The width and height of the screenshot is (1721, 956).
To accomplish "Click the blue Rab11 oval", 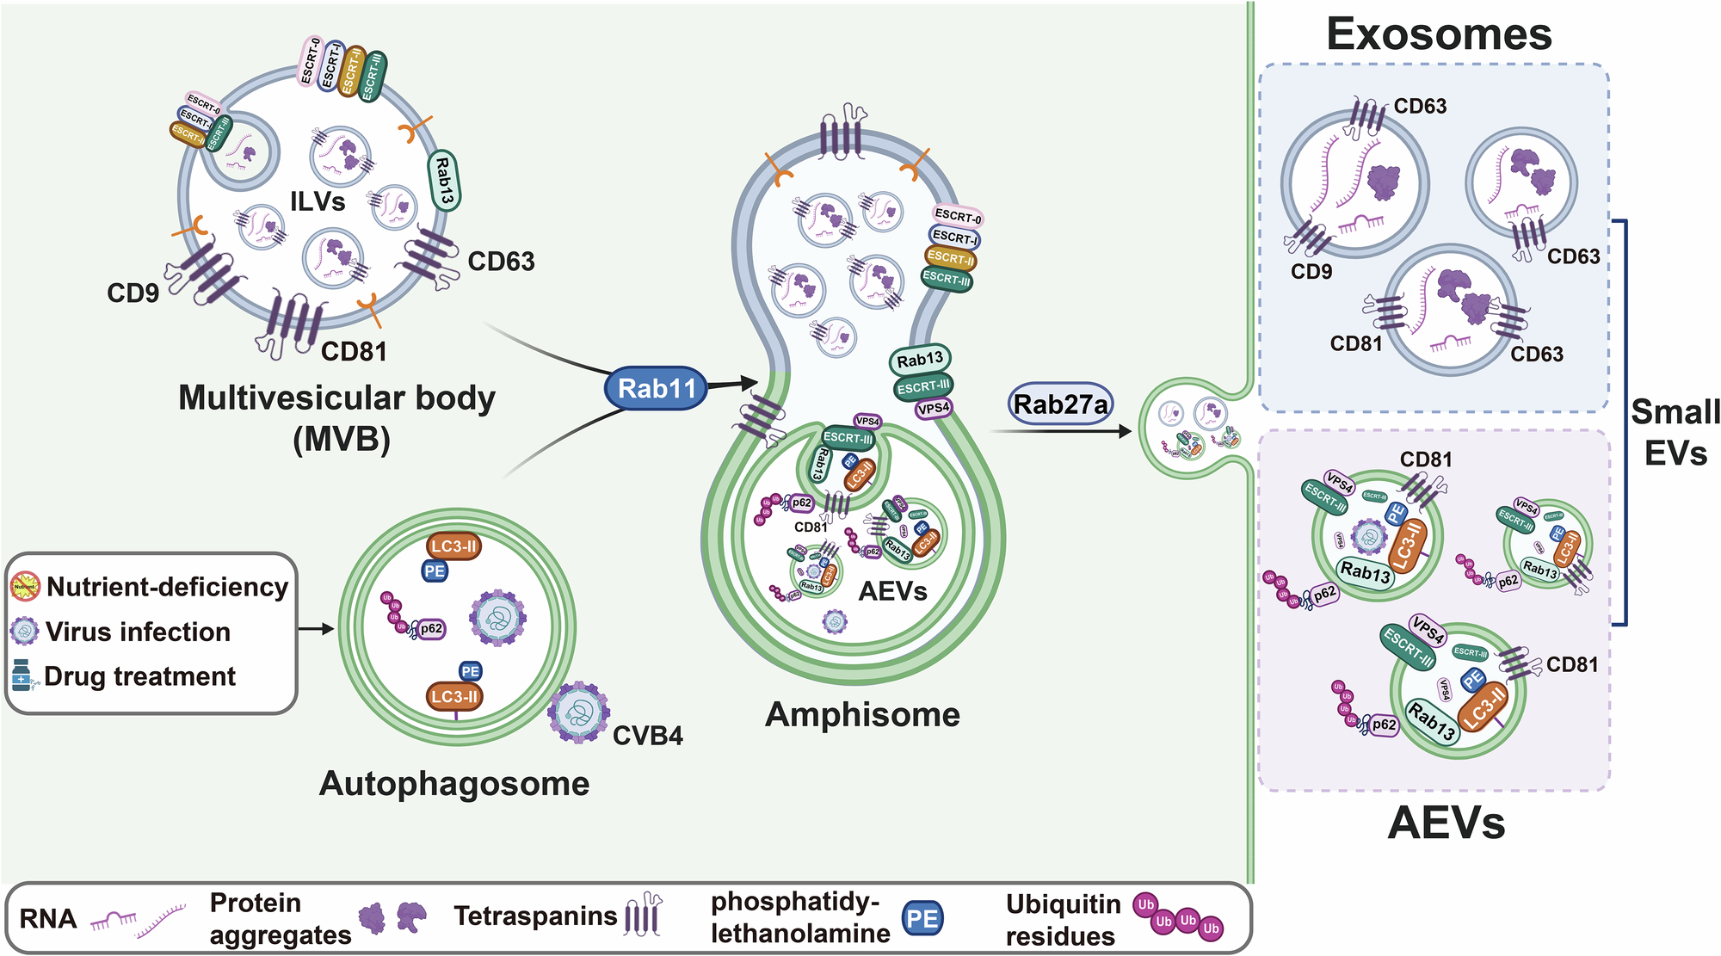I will (656, 389).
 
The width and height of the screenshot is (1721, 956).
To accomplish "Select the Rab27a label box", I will (1060, 404).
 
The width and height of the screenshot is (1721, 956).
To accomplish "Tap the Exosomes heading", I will (1439, 34).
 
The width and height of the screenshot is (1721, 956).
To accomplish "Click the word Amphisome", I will (862, 715).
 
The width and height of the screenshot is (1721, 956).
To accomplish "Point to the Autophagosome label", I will (454, 784).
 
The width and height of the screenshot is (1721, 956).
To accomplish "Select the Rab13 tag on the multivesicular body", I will (443, 181).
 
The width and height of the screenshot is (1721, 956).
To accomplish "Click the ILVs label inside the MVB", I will (318, 201).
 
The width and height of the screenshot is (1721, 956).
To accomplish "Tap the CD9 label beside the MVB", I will (133, 293).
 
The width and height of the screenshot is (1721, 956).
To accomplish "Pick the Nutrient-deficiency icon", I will (25, 587).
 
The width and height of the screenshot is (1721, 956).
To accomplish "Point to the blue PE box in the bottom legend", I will (922, 918).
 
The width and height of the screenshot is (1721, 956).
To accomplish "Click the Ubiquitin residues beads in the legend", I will (1177, 917).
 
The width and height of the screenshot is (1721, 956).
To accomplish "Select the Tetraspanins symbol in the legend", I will (644, 916).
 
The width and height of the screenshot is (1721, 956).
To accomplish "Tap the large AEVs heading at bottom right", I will (1447, 823).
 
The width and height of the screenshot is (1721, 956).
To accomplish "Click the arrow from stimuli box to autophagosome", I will (316, 629).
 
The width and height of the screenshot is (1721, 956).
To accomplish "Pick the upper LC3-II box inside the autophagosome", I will (453, 546).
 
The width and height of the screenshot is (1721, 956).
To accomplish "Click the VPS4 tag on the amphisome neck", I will (934, 409).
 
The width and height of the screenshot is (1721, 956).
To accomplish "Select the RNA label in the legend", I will (47, 919).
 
